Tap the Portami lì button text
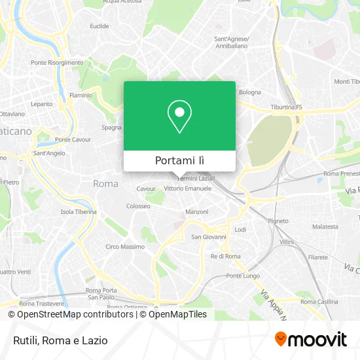(179, 160)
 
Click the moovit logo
(311, 339)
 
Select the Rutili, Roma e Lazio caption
(59, 340)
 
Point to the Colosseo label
(138, 206)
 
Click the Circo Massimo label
(125, 247)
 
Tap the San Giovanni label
(208, 237)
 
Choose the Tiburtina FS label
(287, 107)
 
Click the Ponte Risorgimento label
(57, 63)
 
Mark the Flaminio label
(81, 95)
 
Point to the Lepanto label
(41, 104)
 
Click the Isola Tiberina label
(79, 212)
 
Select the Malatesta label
(325, 226)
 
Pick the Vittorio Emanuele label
(188, 189)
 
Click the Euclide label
(99, 26)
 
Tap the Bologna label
(250, 92)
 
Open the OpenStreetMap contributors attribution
(71, 314)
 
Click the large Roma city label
(105, 184)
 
